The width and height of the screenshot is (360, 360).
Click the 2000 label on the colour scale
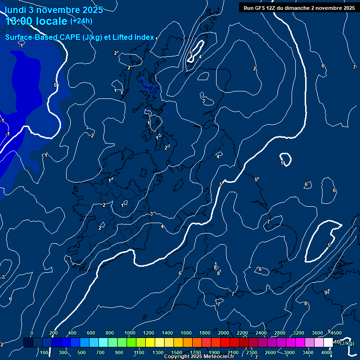point(224,333)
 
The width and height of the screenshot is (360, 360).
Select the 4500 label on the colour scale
point(336,333)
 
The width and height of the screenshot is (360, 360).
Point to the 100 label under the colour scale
point(45,352)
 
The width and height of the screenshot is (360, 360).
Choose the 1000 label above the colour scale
point(130,333)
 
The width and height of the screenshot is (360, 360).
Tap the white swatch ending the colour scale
point(328,343)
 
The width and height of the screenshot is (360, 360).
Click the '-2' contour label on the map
point(92,135)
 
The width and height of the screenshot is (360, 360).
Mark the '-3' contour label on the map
point(2,277)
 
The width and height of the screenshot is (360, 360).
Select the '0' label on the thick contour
point(55,85)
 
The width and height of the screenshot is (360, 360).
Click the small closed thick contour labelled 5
point(285,159)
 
